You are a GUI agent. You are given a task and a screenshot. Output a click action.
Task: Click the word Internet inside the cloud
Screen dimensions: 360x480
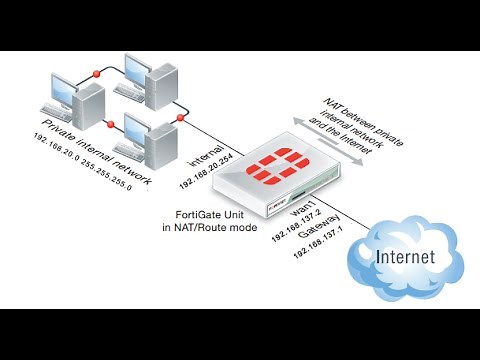[x=405, y=257]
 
